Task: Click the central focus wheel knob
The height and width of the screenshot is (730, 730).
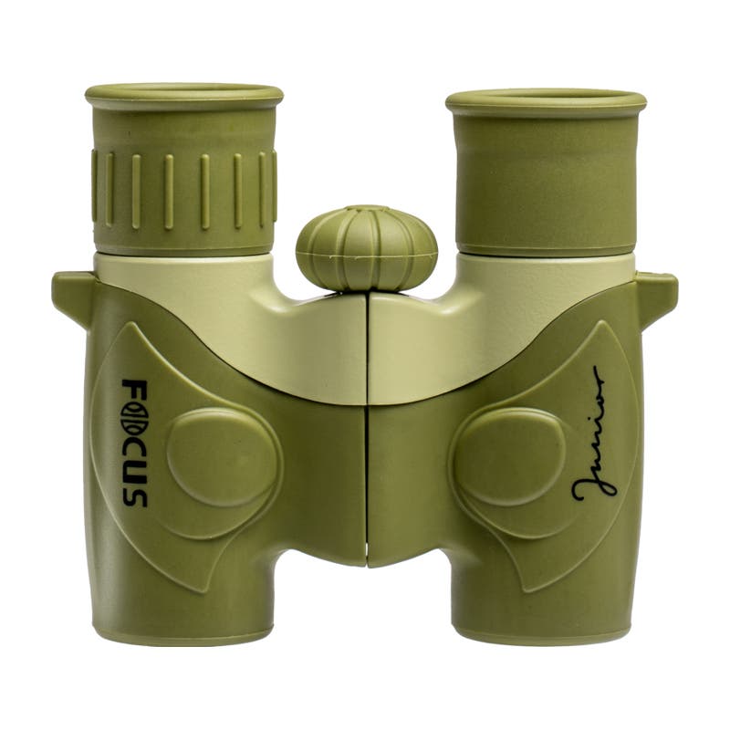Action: pyautogui.click(x=367, y=248)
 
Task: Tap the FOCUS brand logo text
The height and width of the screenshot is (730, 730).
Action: pyautogui.click(x=134, y=443)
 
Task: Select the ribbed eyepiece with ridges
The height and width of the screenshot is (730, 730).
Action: pyautogui.click(x=184, y=170)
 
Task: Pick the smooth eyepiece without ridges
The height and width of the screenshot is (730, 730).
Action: pyautogui.click(x=546, y=172)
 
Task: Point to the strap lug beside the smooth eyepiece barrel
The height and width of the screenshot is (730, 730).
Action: pyautogui.click(x=655, y=297)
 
